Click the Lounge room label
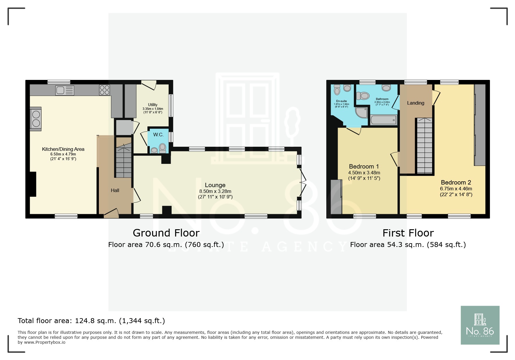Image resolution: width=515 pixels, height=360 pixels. point(215,185)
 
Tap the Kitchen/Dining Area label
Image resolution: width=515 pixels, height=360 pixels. point(63,149)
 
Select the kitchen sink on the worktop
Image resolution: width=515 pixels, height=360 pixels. point(65,90)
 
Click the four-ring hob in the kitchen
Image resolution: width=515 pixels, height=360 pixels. point(105,90)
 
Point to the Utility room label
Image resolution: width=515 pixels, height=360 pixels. point(153,105)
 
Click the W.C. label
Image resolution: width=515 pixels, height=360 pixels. point(158,135)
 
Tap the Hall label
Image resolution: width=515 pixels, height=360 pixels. point(115,191)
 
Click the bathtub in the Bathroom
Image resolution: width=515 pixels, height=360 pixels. point(383,120)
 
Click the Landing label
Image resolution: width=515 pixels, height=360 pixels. point(416,103)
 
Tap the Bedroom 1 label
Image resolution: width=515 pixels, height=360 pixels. point(364,166)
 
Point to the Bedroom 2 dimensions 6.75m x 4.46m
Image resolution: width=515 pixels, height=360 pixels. point(456,189)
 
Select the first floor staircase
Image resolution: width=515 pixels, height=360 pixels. point(425,146)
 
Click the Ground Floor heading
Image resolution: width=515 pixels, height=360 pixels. point(166,233)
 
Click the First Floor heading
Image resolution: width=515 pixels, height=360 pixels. point(408,233)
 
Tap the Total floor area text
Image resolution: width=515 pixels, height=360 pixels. point(91,321)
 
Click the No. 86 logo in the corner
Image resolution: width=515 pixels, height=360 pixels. point(480,325)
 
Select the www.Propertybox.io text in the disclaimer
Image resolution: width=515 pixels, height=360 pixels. point(45,342)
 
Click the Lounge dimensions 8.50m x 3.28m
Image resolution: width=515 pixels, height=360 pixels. point(215,191)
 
